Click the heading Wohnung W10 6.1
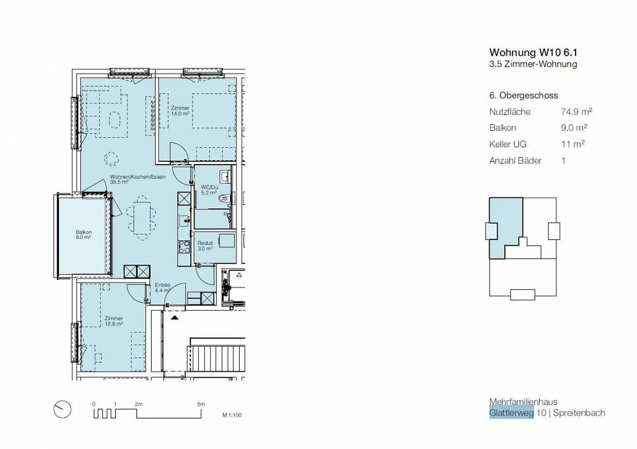click(x=533, y=52)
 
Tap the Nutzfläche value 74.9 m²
click(x=576, y=112)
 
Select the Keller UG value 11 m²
click(x=573, y=144)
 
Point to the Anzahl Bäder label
click(x=515, y=161)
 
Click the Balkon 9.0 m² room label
click(x=84, y=235)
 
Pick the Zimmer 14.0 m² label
click(x=180, y=111)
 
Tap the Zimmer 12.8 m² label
click(x=114, y=321)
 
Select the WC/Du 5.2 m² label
click(x=209, y=190)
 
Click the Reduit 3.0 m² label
click(x=205, y=246)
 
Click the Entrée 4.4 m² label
click(x=162, y=288)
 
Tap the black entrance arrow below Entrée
click(x=175, y=317)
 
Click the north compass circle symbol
click(x=62, y=410)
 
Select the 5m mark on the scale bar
click(x=201, y=404)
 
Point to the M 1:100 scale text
click(x=232, y=415)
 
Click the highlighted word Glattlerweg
click(x=511, y=413)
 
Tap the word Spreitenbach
click(x=579, y=413)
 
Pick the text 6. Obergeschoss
click(x=523, y=96)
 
